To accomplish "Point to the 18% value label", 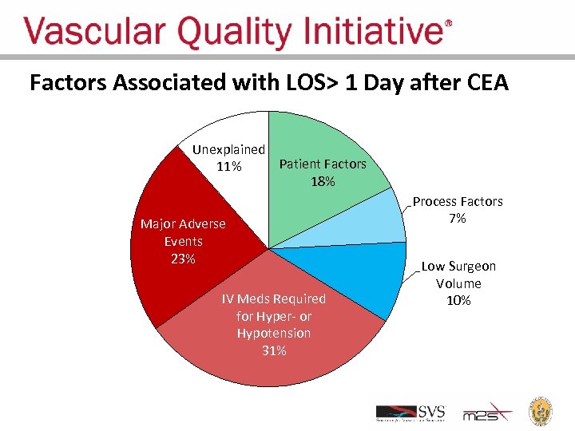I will [x=323, y=181].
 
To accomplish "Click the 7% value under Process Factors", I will [x=458, y=219].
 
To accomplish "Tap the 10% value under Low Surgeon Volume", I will [x=458, y=300].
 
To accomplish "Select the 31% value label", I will [x=274, y=350].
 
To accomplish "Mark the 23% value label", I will [x=183, y=259].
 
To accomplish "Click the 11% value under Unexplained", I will [x=228, y=167].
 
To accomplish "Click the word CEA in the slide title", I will [x=484, y=83].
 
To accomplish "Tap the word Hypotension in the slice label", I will [x=274, y=333].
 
